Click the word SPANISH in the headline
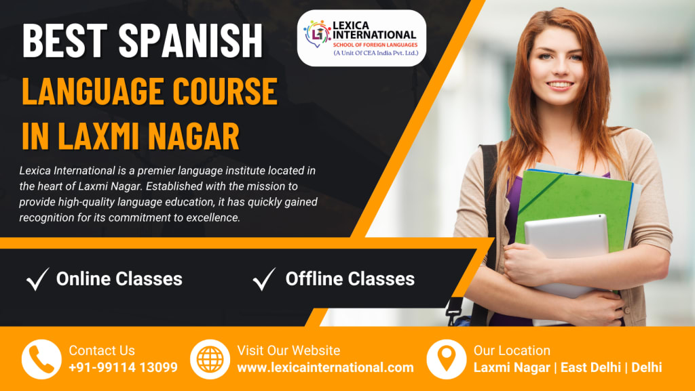pos(190,40)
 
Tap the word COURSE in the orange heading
pos(225,91)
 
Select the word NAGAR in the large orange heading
pos(193,135)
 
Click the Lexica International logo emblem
pos(317,34)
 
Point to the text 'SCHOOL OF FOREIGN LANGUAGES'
pos(375,45)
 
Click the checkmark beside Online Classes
pos(38,279)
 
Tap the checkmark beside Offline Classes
pos(264,279)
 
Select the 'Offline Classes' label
pos(350,279)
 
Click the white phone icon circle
pos(41,359)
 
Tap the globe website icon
pos(210,359)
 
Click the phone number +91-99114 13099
pos(124,367)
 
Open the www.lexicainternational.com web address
pos(325,367)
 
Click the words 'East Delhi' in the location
pos(590,367)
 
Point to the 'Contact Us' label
pos(102,350)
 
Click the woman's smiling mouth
pos(559,85)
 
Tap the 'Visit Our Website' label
pos(288,350)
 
